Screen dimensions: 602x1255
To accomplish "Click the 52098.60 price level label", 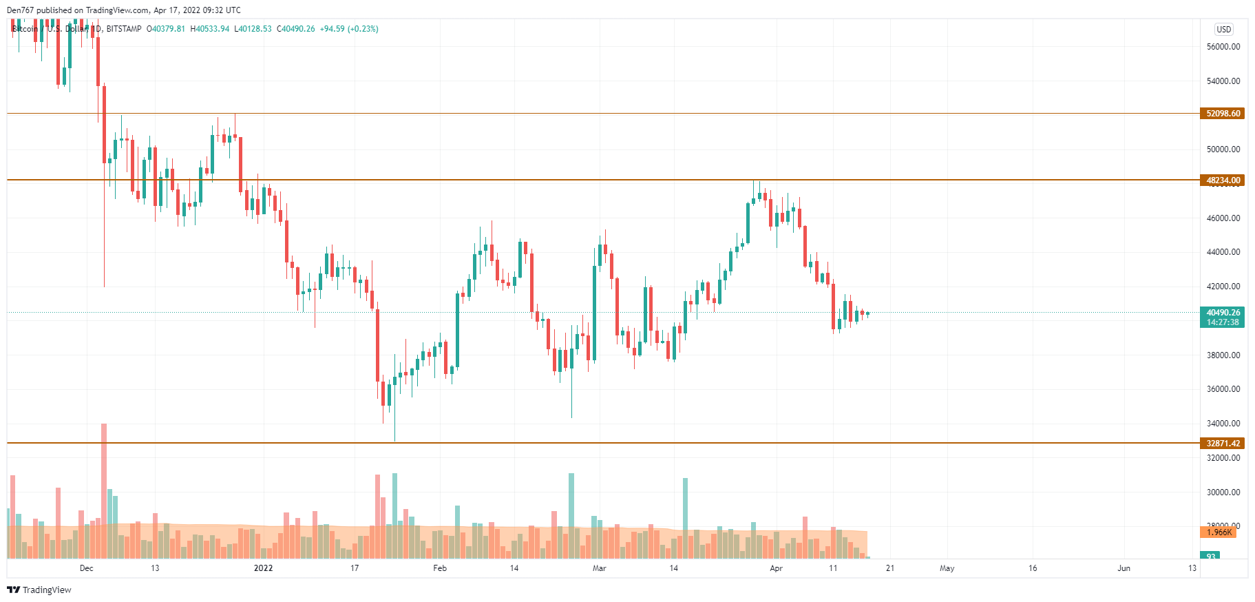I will [x=1223, y=114].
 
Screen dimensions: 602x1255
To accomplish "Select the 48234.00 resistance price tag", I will [x=1223, y=180].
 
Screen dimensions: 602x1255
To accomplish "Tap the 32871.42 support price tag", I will [x=1223, y=444].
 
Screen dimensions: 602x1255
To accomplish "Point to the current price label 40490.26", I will [x=1223, y=313].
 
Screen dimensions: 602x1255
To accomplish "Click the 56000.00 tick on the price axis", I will [x=1223, y=47].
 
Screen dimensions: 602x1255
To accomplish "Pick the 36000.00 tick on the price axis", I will [x=1223, y=389].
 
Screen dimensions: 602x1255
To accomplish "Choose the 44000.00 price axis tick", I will [x=1223, y=252].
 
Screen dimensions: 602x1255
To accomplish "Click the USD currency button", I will [x=1223, y=29].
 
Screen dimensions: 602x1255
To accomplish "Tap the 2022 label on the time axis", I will [x=263, y=568].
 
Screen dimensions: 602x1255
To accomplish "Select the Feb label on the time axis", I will [x=440, y=568].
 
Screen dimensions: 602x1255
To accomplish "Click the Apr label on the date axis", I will [x=776, y=568].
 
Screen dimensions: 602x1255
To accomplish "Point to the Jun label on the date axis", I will [x=1124, y=568].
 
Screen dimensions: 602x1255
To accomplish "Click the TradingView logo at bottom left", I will [x=39, y=590].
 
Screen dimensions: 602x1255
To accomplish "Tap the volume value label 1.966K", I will [x=1219, y=532].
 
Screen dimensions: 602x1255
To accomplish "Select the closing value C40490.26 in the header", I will [x=296, y=29].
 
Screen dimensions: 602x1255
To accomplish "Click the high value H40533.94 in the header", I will [x=210, y=29].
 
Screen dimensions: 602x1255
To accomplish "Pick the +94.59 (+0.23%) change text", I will [x=349, y=29].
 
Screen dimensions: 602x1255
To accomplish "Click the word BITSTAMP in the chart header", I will [x=124, y=29].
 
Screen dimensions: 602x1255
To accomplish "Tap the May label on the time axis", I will [x=947, y=568].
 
